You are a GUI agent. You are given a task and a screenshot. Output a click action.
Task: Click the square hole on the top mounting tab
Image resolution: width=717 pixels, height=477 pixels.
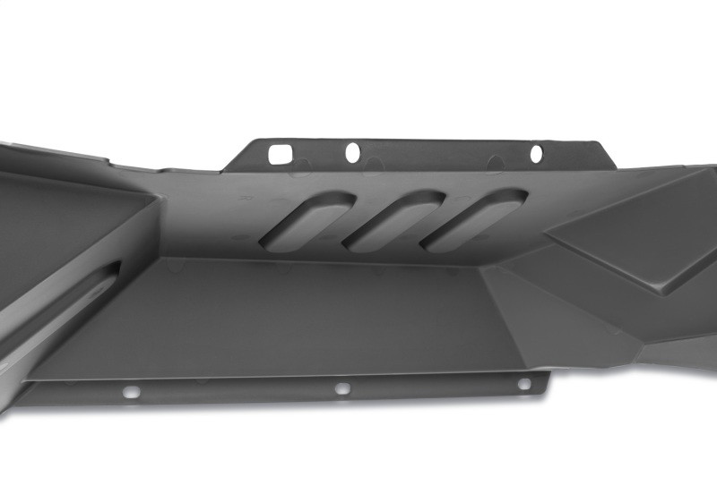click(281, 154)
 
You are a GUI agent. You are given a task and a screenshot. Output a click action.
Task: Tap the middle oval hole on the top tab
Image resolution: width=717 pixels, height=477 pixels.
click(353, 152)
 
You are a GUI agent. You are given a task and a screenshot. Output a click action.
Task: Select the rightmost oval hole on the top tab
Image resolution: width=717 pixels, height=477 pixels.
click(536, 154)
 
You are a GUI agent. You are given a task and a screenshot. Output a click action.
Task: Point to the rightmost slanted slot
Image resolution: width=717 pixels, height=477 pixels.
click(475, 220)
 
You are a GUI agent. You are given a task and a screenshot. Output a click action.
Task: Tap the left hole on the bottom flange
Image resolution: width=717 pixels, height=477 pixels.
click(132, 392)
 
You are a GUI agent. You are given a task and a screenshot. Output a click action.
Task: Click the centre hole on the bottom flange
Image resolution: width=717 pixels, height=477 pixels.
click(341, 388)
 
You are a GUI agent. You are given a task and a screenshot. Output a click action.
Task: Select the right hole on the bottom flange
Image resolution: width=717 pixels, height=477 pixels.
click(524, 384)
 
